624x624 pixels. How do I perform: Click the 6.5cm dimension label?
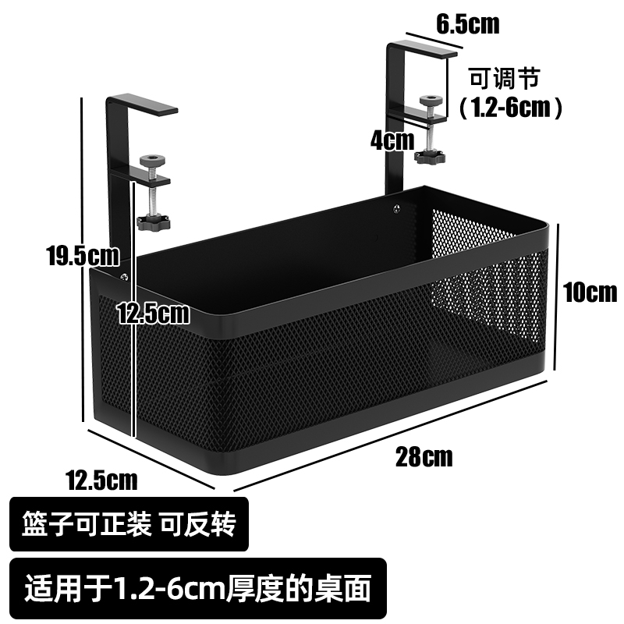tap(467, 24)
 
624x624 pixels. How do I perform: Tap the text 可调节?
tap(503, 78)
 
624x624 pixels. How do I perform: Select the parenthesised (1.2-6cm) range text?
tap(511, 107)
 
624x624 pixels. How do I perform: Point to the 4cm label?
tap(392, 140)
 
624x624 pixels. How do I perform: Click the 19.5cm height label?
tap(82, 255)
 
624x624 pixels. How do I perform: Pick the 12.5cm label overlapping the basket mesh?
tap(154, 314)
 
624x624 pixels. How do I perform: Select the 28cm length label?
tap(424, 456)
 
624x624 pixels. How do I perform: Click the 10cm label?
tap(590, 292)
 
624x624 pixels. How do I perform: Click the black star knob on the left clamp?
tap(154, 223)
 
